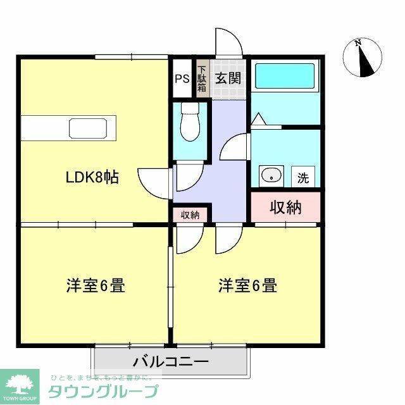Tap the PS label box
point(182,79)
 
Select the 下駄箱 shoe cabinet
point(202,78)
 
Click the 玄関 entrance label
point(227,78)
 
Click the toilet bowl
point(189,123)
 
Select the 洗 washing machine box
point(303,177)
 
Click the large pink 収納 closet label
point(286,206)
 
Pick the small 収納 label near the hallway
point(190,215)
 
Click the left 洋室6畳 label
point(96,286)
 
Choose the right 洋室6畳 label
point(248,286)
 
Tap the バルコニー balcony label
point(171,363)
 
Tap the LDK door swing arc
point(154,184)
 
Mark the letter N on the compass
point(358,44)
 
